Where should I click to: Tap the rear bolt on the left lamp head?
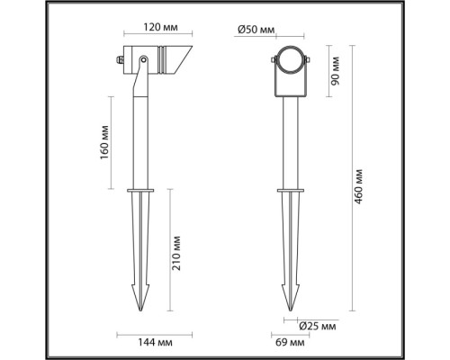(117, 61)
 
